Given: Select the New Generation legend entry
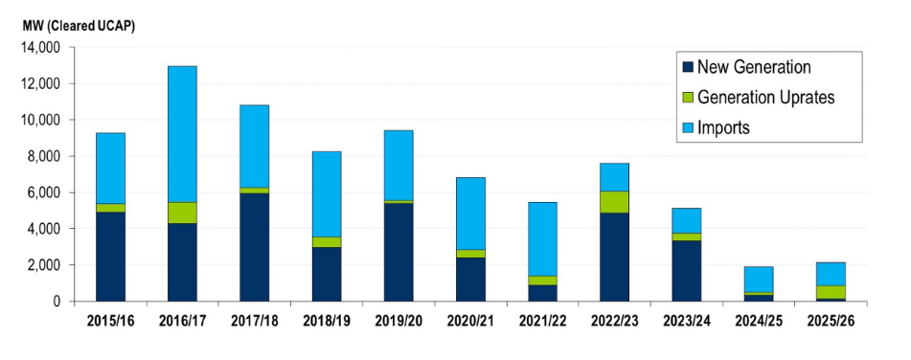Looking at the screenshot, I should tap(754, 67).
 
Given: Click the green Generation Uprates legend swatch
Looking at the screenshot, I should tap(687, 97).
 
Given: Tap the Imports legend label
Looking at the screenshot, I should tap(723, 126).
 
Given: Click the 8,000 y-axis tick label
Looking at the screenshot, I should tap(43, 156).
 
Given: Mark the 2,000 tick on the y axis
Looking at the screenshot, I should tap(43, 265).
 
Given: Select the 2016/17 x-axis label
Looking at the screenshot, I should tap(182, 321).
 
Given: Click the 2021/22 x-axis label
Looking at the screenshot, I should tap(543, 321).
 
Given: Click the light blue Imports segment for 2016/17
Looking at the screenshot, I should tap(182, 134).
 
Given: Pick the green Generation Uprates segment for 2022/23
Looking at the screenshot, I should tap(615, 202).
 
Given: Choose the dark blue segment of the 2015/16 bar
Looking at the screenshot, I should tap(110, 257).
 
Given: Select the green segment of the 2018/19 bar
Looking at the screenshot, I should tap(327, 242).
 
